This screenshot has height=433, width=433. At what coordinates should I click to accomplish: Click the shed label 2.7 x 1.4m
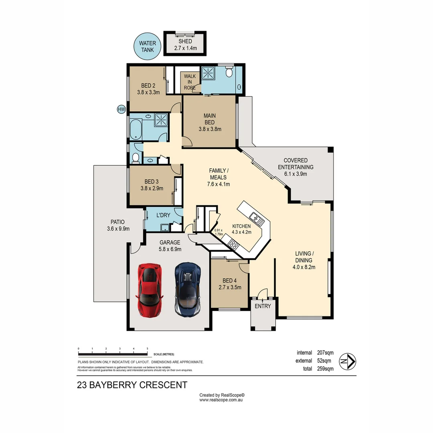[185, 48]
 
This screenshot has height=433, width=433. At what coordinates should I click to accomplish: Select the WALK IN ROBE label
[190, 82]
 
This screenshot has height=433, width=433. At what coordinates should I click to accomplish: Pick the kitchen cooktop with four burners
[233, 244]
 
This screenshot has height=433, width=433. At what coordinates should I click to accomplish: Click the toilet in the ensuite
[229, 73]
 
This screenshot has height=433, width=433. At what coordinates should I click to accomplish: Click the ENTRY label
[263, 306]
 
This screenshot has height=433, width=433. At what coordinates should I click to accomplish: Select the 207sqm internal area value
[325, 353]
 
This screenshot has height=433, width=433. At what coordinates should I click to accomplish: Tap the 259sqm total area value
[325, 369]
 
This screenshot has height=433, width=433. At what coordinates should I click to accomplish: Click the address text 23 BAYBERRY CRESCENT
[132, 385]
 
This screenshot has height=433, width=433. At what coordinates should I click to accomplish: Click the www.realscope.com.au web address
[222, 400]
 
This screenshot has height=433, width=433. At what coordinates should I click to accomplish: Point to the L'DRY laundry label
[163, 215]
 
